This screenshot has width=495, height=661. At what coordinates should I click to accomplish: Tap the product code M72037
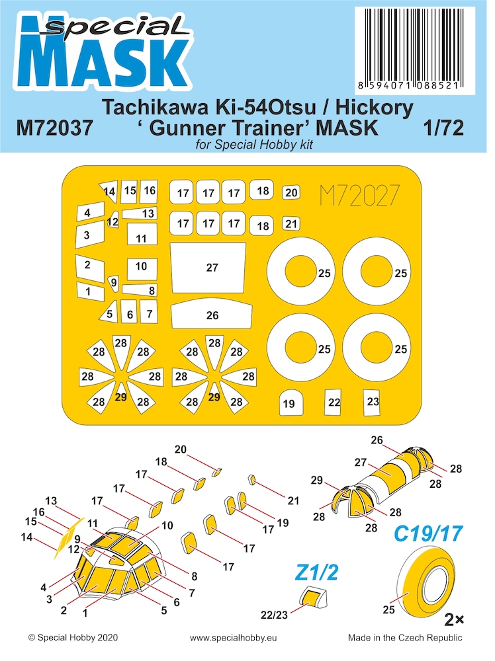pyautogui.click(x=54, y=128)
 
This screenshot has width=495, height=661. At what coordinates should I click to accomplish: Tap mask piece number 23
pyautogui.click(x=373, y=402)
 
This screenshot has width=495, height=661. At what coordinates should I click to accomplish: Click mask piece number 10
pyautogui.click(x=142, y=269)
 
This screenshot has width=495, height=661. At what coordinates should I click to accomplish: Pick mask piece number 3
pyautogui.click(x=90, y=234)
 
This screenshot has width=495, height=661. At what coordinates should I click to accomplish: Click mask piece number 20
pyautogui.click(x=291, y=192)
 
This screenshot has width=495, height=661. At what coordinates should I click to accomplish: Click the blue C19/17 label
pyautogui.click(x=428, y=533)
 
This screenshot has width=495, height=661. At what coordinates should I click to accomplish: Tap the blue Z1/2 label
pyautogui.click(x=316, y=572)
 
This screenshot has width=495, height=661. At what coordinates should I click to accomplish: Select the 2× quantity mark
pyautogui.click(x=455, y=620)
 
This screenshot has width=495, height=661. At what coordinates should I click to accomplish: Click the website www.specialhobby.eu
pyautogui.click(x=234, y=638)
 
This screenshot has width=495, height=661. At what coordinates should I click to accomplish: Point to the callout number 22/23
pyautogui.click(x=274, y=615)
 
